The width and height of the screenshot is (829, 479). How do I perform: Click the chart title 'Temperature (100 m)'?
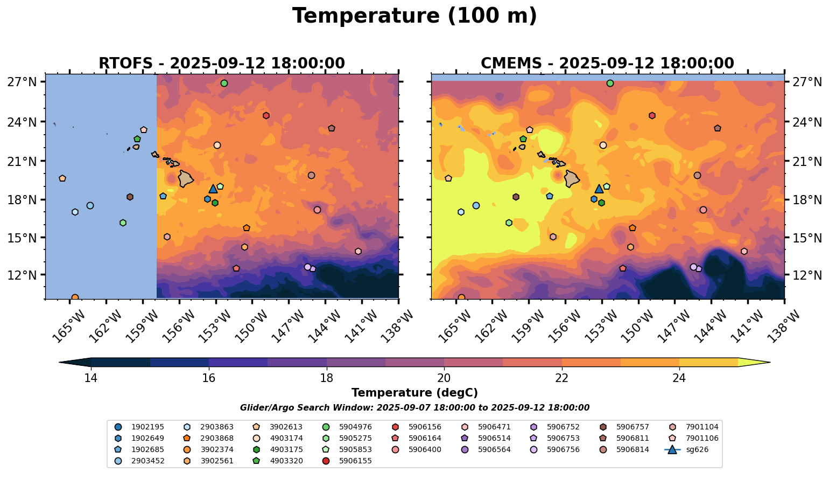pos(414,16)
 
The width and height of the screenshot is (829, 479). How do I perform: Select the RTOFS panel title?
pos(222,64)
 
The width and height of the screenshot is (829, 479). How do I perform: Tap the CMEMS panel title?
pos(607,64)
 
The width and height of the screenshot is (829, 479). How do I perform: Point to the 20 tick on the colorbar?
pos(444,378)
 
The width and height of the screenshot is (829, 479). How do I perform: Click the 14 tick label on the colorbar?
pos(90,378)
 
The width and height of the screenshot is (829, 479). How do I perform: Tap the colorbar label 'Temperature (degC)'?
pos(414,393)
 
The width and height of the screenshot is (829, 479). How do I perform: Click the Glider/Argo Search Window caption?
pos(414,408)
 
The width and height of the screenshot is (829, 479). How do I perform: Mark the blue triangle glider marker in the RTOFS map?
pos(213,189)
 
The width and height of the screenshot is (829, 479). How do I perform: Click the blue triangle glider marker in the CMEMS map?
pos(599,189)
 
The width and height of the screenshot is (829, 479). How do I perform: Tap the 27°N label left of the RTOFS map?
pos(22,82)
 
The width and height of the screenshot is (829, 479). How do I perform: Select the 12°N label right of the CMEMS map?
pos(807,275)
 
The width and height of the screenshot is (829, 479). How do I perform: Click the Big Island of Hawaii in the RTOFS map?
pos(186,179)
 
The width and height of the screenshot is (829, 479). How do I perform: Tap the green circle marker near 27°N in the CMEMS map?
pos(610,83)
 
